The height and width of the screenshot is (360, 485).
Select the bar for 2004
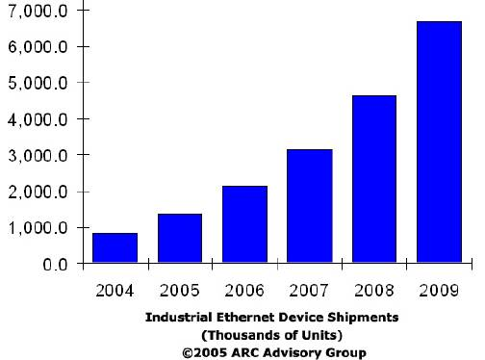115,247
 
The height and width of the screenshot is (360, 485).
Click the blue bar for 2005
180,238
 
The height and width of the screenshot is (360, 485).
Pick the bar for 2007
310,206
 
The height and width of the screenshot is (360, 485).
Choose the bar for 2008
374,179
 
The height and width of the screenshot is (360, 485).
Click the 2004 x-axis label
115,288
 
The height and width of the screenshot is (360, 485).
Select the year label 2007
310,288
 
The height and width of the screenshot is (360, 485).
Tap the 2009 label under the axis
439,288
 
